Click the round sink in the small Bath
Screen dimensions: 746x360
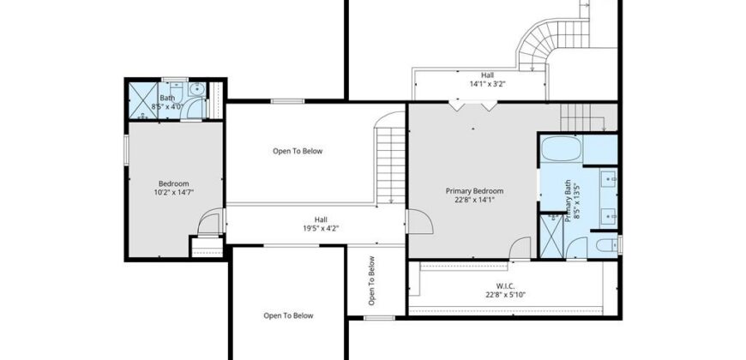point(197,89)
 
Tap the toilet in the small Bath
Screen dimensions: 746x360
point(176,89)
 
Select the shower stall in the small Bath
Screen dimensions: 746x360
point(143,100)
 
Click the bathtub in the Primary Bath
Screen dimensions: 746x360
point(562,148)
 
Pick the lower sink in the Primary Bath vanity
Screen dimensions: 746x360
point(609,216)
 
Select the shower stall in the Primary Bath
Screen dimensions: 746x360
point(552,236)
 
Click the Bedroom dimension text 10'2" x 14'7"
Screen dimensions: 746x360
point(174,192)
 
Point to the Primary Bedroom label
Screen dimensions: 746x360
point(474,191)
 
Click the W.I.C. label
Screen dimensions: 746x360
point(505,286)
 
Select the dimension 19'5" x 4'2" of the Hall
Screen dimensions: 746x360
point(322,228)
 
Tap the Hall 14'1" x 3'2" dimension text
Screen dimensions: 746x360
point(487,84)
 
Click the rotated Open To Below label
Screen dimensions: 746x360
point(371,280)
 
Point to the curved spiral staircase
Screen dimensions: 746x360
point(547,43)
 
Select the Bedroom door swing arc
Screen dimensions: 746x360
point(209,221)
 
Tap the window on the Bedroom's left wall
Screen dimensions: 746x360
point(127,150)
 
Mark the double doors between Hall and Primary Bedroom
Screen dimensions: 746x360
point(474,105)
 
